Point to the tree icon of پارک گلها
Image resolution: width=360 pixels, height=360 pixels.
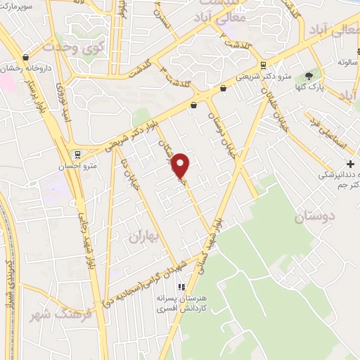point(309,76)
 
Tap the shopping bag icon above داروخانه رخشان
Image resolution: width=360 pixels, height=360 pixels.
point(26,57)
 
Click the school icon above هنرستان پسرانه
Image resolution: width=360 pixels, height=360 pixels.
point(181,286)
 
